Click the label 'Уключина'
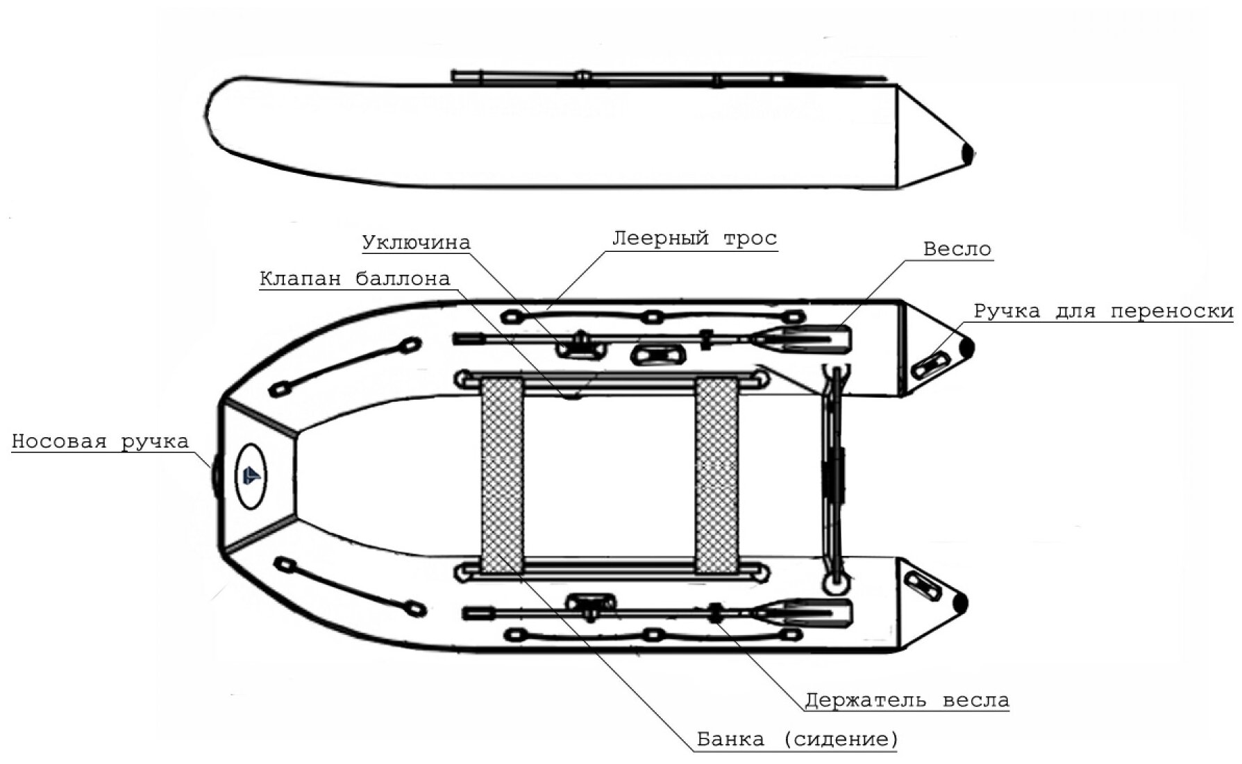tap(416, 242)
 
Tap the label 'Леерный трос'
tap(694, 238)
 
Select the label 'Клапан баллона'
tap(355, 279)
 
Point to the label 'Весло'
tap(957, 249)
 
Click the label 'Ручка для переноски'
tap(1103, 311)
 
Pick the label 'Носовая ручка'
tap(100, 442)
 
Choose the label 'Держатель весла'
tap(907, 700)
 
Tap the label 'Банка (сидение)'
tap(797, 740)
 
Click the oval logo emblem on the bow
tap(251, 475)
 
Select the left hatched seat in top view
tap(502, 475)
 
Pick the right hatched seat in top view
tap(717, 475)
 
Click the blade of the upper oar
tap(812, 339)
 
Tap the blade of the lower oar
tap(812, 613)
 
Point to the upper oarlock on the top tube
tap(579, 344)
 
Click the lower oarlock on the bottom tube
tap(590, 605)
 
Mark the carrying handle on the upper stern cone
tap(930, 364)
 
